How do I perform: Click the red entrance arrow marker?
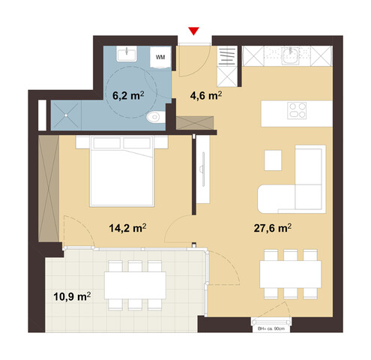pyautogui.click(x=194, y=31)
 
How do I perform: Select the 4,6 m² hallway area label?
pyautogui.click(x=203, y=96)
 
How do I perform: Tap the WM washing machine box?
pyautogui.click(x=160, y=56)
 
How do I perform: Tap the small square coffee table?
pyautogui.click(x=273, y=160)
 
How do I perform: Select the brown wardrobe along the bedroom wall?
pyautogui.click(x=49, y=184)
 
